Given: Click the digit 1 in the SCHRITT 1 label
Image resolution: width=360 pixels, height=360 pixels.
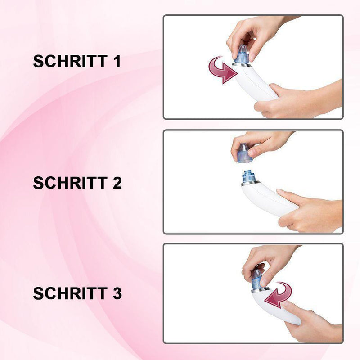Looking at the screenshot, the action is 117,61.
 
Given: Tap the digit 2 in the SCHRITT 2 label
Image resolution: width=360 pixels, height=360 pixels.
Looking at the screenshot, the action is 117,183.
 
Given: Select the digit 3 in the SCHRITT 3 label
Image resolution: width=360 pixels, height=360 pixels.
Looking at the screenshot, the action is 117,293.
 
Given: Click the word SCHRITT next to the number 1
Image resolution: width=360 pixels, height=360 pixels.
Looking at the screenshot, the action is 70,61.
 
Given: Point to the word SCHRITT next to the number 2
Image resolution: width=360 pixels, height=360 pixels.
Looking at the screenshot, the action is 70,183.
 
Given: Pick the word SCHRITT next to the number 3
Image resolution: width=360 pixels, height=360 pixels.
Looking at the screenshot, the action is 70,293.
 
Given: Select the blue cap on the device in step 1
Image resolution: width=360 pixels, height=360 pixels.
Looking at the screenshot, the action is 242,54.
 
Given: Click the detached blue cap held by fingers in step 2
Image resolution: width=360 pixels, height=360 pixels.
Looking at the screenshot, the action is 244,153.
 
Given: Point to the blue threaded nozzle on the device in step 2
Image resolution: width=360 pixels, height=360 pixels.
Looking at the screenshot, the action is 249,176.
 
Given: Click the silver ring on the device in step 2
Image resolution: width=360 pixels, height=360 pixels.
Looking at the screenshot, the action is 251,183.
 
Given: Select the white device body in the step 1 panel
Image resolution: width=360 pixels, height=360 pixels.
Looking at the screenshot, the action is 255,83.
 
